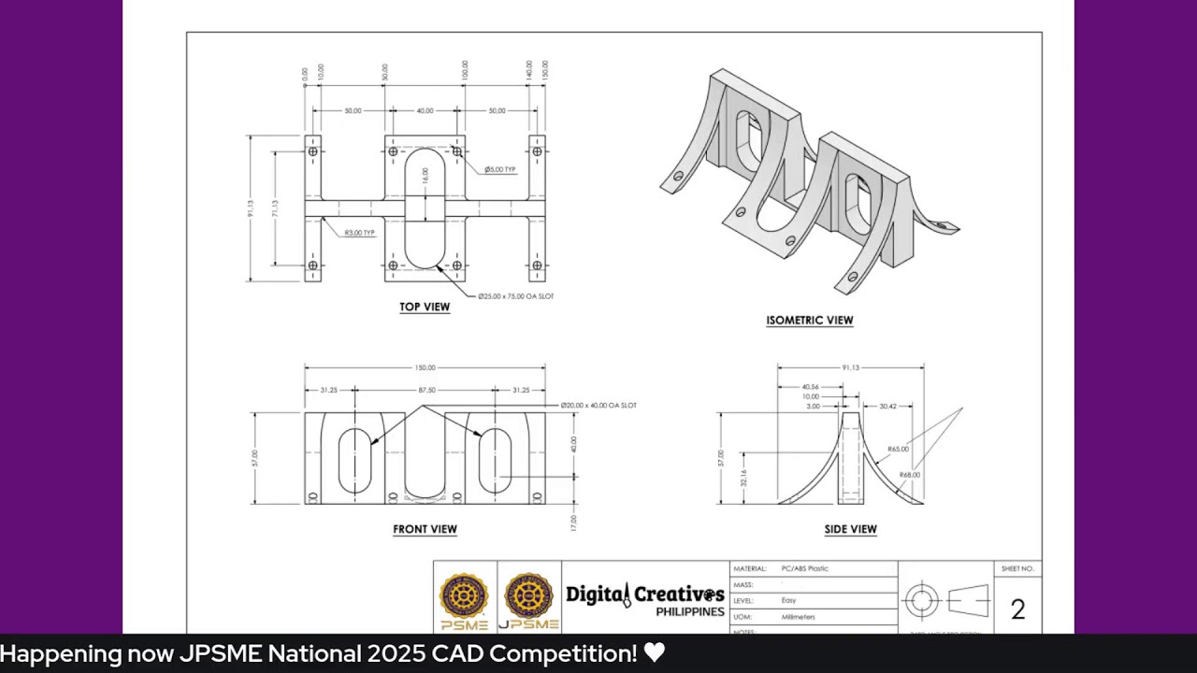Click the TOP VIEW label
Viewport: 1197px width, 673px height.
tap(425, 307)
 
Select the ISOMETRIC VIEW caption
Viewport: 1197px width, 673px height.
tap(809, 321)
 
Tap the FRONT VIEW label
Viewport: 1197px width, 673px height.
tap(425, 529)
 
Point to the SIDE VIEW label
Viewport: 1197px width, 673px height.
tap(850, 529)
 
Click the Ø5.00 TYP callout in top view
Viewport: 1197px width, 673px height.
tap(500, 170)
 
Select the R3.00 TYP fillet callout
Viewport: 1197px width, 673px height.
tap(359, 233)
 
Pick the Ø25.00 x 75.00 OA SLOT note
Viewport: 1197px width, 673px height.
tap(515, 296)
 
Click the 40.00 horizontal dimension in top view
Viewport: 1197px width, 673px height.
tap(425, 111)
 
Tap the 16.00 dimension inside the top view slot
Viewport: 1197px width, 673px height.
tap(425, 176)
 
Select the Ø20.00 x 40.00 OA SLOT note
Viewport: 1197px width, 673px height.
tap(598, 406)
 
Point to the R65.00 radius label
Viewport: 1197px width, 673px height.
tap(898, 450)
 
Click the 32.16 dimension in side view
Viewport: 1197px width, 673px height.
tap(743, 478)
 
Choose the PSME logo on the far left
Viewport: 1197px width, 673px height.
tap(464, 600)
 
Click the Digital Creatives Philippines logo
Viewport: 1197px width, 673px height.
tap(644, 599)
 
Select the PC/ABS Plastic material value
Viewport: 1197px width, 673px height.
tap(804, 568)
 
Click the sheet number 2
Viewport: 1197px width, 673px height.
tap(1017, 609)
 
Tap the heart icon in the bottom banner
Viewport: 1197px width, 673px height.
tap(655, 653)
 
